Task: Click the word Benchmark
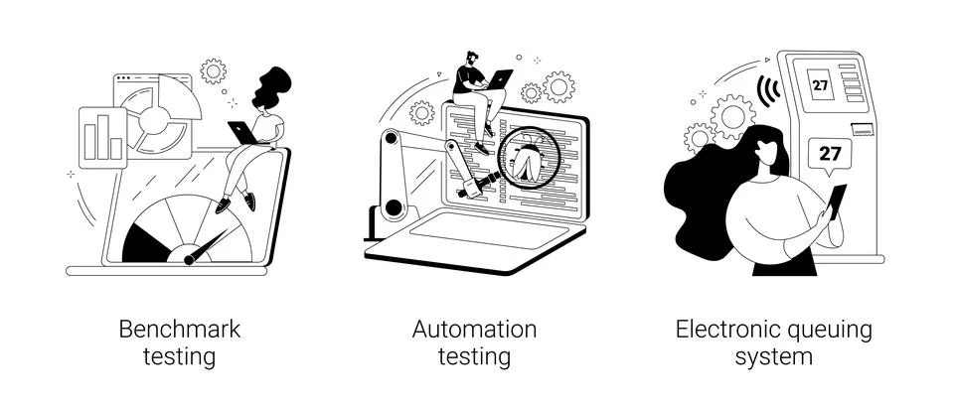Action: (x=180, y=329)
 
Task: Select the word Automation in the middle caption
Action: (x=475, y=329)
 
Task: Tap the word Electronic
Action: (x=727, y=329)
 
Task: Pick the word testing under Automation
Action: (x=475, y=356)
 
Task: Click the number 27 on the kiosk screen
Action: (x=820, y=85)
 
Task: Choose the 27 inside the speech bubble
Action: (x=829, y=154)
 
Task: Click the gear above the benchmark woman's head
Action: (x=213, y=70)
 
